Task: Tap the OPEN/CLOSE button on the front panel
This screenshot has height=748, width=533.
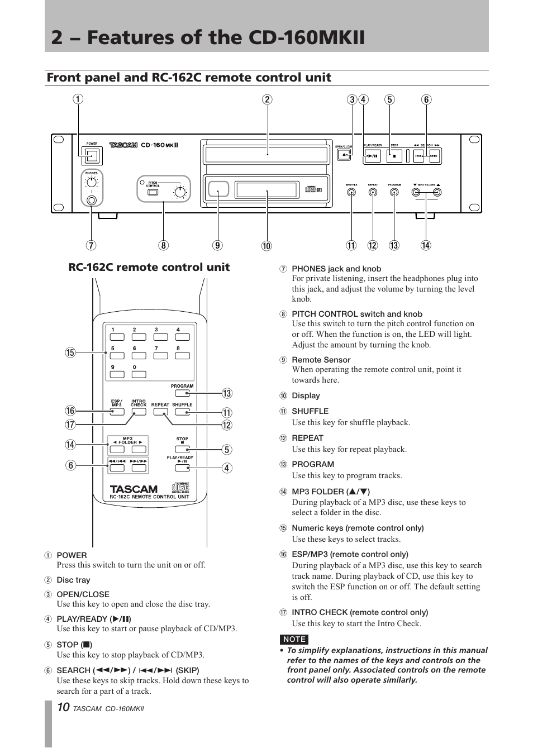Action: coord(344,155)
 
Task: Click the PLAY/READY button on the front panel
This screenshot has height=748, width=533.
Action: coord(373,156)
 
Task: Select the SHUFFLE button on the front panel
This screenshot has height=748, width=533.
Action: coord(351,192)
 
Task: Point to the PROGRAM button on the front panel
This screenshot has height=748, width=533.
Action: coord(394,192)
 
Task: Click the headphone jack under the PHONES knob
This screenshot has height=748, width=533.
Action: coord(92,199)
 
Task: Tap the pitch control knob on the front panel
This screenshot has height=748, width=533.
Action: coord(180,193)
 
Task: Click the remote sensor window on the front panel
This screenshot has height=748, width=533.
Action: coord(218,189)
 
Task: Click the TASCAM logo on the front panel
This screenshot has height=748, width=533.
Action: coord(123,145)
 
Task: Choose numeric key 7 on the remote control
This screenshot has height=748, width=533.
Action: coord(160,355)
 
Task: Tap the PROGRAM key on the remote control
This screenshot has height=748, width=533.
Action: coord(182,393)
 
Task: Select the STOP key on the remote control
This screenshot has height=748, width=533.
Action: coord(182,449)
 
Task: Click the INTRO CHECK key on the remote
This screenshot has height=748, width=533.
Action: coord(139,412)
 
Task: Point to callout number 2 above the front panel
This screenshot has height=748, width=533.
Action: coord(267,100)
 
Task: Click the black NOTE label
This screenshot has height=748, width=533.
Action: coord(294,639)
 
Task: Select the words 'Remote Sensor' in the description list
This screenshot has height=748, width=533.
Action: coord(321,360)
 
